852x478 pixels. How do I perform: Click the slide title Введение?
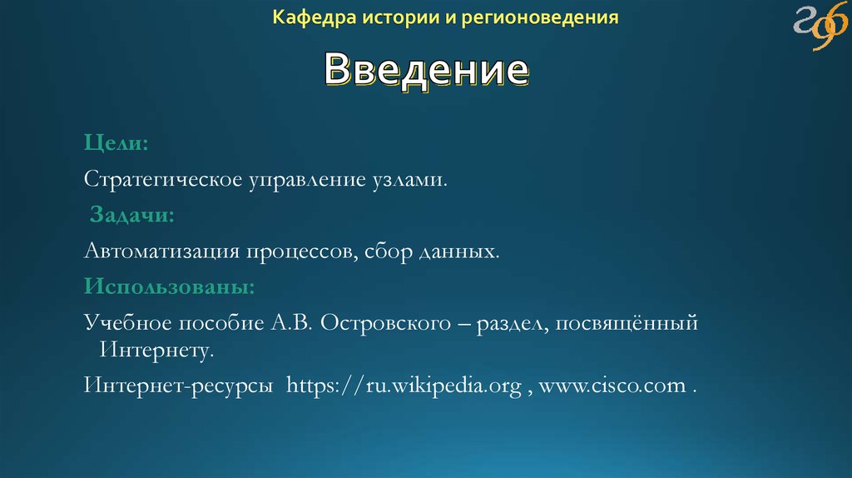coord(425,71)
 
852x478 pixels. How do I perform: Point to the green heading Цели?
coord(116,144)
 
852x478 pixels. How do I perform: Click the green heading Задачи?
coord(131,215)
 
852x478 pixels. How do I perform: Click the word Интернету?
coord(157,350)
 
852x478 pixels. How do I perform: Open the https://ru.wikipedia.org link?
coord(404,387)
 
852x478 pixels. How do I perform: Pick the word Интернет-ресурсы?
coord(180,387)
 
